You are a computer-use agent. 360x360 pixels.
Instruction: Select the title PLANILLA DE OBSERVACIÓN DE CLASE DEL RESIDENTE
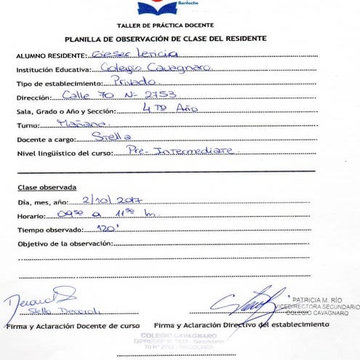pyautogui.click(x=165, y=39)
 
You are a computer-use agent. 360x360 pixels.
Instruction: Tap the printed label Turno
pyautogui.click(x=28, y=126)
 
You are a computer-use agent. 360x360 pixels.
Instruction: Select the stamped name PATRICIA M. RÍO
pyautogui.click(x=321, y=299)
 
